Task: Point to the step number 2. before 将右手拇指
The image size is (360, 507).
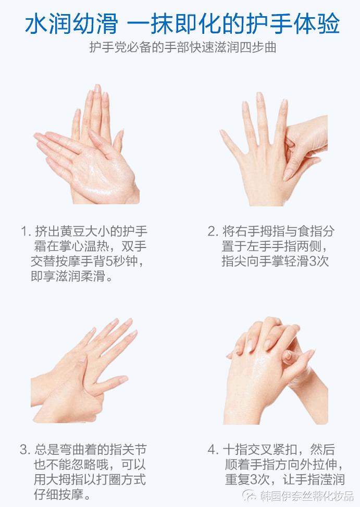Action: click(213, 231)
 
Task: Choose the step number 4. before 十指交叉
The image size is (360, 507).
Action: click(213, 449)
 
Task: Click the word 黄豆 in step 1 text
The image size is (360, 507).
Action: click(72, 231)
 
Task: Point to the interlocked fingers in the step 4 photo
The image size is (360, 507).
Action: click(271, 349)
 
